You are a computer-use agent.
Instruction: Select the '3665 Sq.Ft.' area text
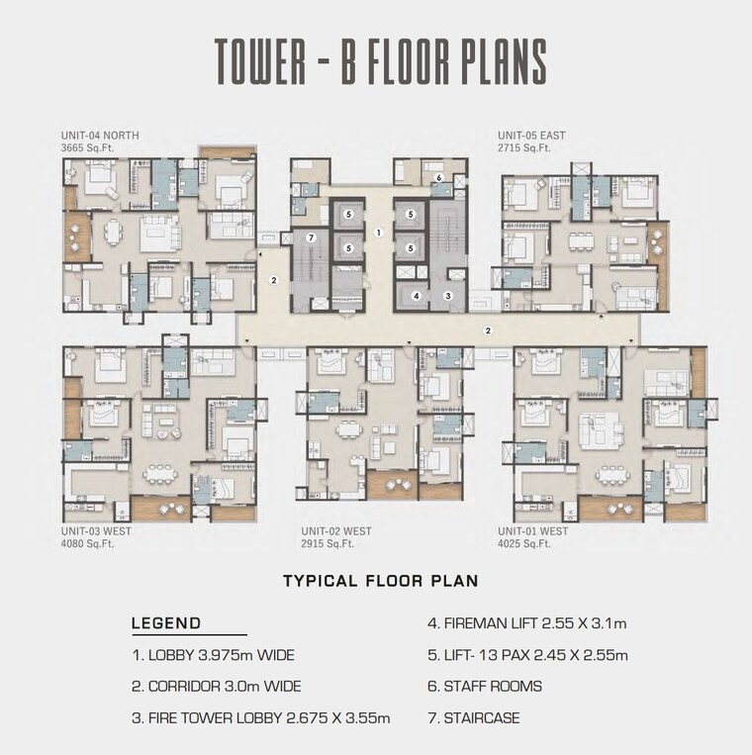tap(88, 147)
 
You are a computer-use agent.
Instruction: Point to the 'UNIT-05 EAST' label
tap(531, 135)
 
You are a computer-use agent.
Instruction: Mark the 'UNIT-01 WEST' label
tap(532, 531)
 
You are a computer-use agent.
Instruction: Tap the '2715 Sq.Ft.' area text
tap(523, 147)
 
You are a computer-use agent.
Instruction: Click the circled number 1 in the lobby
tap(379, 233)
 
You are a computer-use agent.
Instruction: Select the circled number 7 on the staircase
tap(311, 237)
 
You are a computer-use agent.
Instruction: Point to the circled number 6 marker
tap(437, 178)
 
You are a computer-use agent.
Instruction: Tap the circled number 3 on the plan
tap(447, 295)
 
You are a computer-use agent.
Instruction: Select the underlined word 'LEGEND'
tap(166, 623)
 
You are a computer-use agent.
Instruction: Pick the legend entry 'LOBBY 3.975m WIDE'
tap(213, 655)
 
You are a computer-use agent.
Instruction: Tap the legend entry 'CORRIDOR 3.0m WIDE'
tap(216, 686)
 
